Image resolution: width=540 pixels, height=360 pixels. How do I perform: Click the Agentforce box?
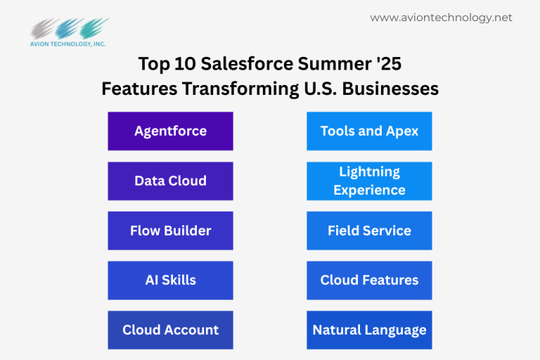click(170, 131)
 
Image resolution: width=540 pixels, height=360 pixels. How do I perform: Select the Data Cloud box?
click(170, 181)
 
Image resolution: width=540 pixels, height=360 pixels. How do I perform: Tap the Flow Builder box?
click(170, 231)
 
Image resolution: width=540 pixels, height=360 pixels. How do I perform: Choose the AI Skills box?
click(170, 280)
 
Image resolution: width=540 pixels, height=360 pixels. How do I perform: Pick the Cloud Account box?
click(170, 330)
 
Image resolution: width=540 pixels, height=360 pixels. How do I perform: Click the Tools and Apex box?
click(369, 131)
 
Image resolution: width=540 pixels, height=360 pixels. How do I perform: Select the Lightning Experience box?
click(369, 181)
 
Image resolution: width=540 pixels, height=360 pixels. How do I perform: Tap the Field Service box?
click(369, 231)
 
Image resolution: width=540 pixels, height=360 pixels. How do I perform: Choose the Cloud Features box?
click(369, 280)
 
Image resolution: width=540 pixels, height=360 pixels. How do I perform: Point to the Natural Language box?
click(369, 330)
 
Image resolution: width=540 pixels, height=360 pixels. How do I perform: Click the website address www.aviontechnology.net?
click(441, 18)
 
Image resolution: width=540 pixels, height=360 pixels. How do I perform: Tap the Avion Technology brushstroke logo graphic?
click(69, 28)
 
